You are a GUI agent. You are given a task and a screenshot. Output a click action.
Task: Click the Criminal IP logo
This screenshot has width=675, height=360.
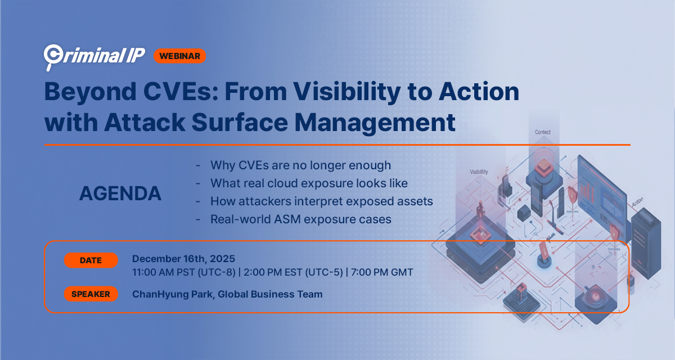94,55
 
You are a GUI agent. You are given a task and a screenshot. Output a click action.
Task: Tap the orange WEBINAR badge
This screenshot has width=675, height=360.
179,56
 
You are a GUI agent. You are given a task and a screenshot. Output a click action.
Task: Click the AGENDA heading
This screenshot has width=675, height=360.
120,193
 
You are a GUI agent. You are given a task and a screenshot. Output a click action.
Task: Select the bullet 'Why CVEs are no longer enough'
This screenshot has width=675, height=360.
300,165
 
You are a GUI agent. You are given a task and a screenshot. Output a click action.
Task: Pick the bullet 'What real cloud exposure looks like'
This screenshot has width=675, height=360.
309,183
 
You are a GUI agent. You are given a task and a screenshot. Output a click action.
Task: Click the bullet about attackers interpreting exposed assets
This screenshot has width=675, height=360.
321,201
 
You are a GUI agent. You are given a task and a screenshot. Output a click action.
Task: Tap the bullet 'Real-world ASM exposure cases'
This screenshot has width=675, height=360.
300,219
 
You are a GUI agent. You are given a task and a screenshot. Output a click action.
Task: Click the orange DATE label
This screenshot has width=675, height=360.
91,260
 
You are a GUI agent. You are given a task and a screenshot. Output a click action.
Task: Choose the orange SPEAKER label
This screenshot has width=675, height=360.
91,294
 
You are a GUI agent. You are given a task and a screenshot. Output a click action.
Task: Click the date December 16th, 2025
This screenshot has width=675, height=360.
183,259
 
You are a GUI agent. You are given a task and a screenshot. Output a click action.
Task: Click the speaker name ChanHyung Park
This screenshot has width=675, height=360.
172,294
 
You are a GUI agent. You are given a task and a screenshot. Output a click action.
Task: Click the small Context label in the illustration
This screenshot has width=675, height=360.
543,132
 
